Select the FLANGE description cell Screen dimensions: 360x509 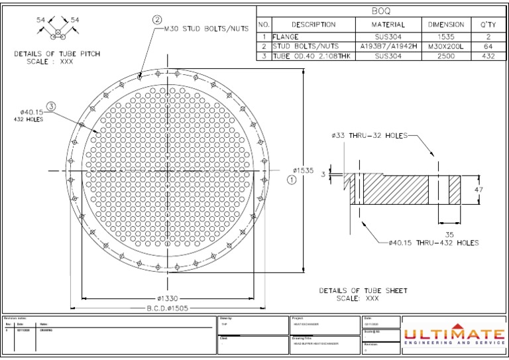tap(286, 37)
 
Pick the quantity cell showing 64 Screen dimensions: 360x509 tap(488, 46)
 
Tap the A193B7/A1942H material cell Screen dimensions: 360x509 tap(389, 46)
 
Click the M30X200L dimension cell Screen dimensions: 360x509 tap(446, 46)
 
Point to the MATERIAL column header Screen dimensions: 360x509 tap(389, 25)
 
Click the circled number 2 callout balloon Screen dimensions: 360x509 tap(158, 19)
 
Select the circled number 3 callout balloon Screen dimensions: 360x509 tap(52, 105)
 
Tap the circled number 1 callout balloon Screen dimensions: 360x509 tap(291, 180)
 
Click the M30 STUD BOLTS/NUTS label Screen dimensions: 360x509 tap(206, 29)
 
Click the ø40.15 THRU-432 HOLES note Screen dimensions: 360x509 tap(433, 243)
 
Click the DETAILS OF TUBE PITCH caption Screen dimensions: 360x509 tap(58, 54)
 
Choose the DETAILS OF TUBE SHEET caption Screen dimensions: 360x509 tap(363, 290)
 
